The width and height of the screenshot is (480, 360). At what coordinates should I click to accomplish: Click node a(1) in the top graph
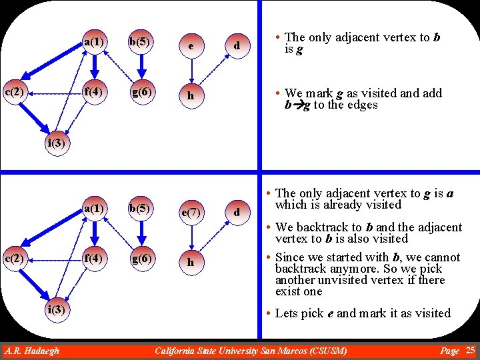point(94,43)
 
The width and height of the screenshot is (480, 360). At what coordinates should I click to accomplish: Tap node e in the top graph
point(191,46)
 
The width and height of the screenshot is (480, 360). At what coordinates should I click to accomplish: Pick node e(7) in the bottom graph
point(191,212)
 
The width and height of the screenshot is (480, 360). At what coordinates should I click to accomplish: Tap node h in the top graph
point(191,96)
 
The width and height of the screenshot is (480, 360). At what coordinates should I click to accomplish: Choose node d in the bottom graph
point(236,213)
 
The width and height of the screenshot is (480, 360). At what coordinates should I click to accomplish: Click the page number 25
point(470,350)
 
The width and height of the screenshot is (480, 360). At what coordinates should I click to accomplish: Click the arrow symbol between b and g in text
point(297,105)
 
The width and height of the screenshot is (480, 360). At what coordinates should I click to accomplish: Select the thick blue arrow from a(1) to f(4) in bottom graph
point(94,233)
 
